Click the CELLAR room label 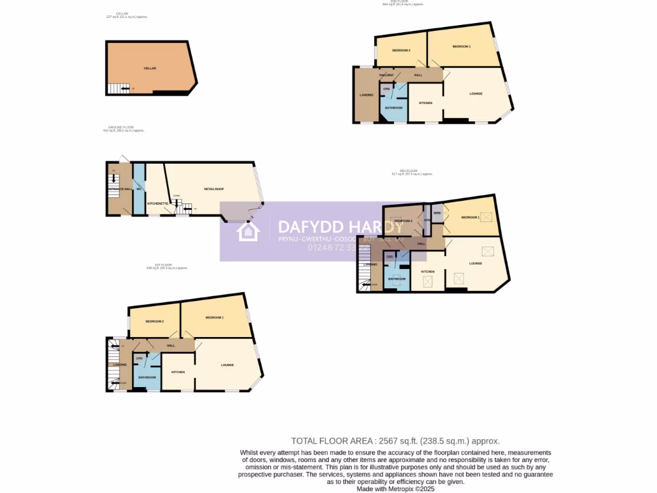point(149,68)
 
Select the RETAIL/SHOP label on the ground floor point(213,189)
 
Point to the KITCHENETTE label point(158,203)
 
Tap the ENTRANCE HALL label point(119,189)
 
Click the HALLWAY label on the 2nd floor point(386,75)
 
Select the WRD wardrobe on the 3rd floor point(436,213)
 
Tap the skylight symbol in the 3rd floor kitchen point(428,280)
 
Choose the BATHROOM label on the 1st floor point(147,377)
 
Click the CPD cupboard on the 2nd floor point(386,89)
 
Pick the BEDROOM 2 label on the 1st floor point(154,321)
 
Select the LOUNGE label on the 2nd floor point(475,94)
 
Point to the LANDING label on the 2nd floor point(366,95)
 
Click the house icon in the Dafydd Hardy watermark point(248,231)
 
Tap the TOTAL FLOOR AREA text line point(395,441)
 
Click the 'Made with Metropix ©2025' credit point(395,489)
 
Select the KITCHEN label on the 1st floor point(178,372)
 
